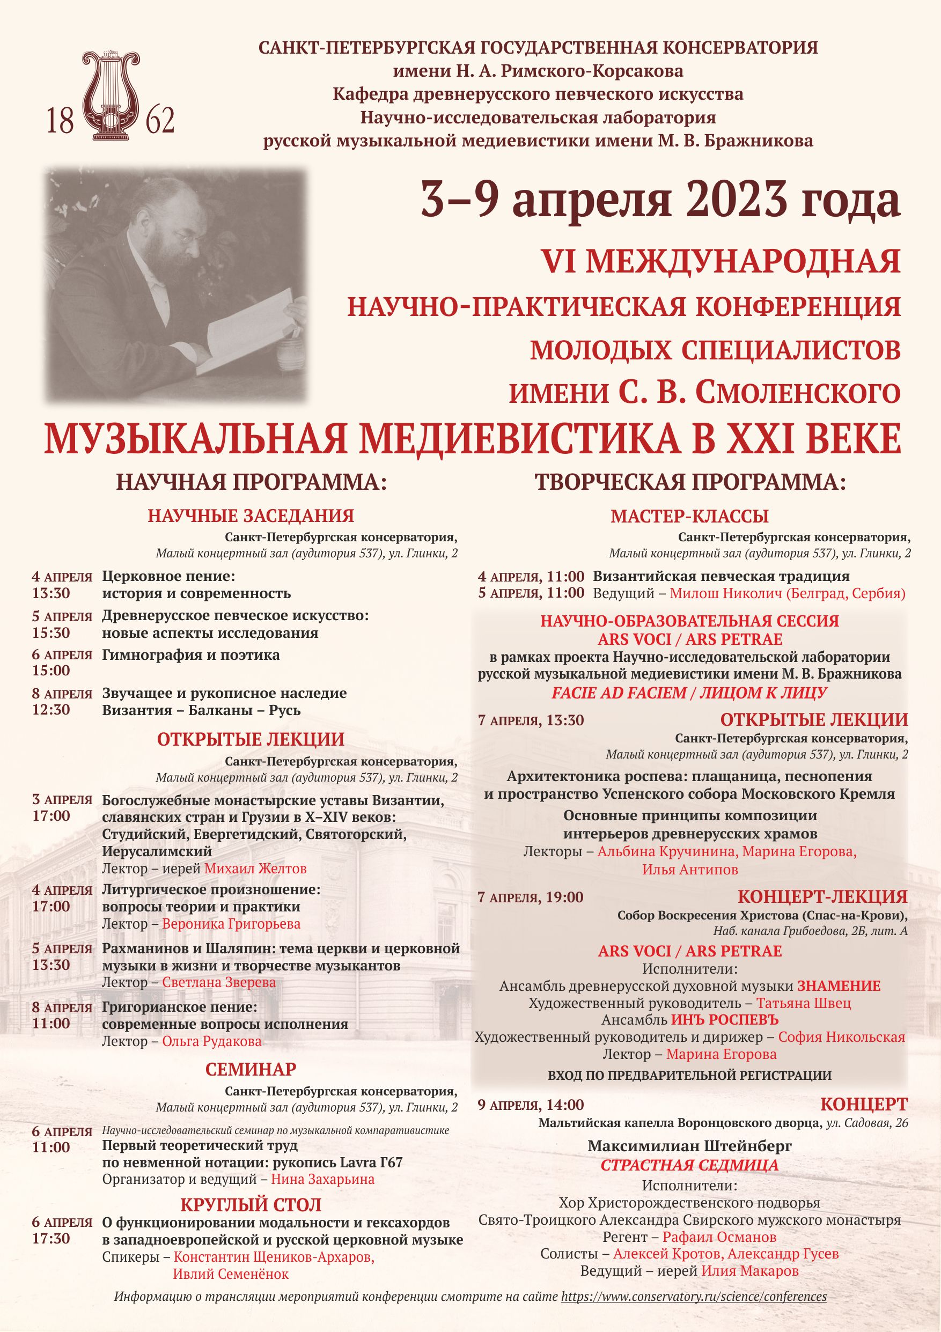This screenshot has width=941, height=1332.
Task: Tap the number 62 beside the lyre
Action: [x=159, y=120]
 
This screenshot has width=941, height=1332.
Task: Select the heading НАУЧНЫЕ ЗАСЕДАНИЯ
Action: [x=251, y=516]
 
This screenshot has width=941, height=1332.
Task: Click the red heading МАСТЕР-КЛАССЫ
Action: [x=689, y=516]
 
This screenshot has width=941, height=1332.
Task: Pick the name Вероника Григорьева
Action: [x=231, y=924]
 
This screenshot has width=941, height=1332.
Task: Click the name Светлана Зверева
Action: [x=219, y=982]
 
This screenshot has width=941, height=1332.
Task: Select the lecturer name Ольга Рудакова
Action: [x=212, y=1041]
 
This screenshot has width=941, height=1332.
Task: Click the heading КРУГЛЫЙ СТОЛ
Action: [x=251, y=1205]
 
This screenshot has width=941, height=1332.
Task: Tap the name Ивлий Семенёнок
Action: [x=230, y=1258]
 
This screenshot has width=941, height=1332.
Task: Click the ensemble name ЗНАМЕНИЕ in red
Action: [x=839, y=985]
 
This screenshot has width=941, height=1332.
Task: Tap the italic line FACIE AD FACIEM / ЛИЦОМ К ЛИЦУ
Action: [x=689, y=693]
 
